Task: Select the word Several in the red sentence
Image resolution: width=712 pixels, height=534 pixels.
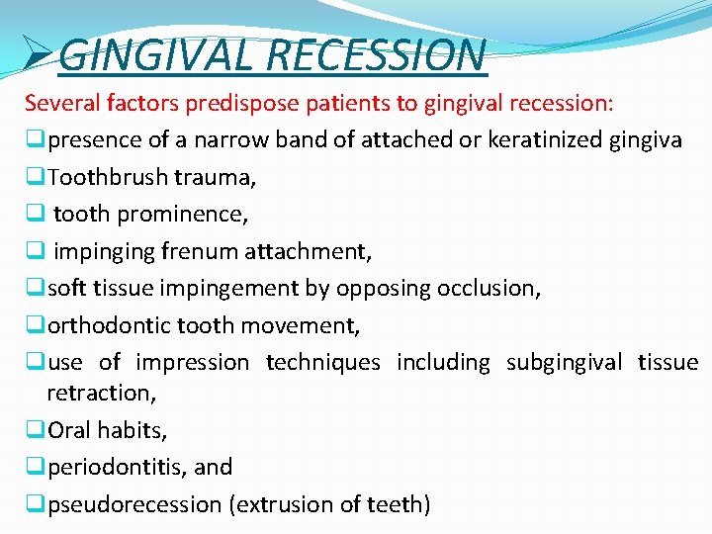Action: [x=58, y=103]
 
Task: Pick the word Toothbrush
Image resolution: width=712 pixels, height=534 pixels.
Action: [x=108, y=177]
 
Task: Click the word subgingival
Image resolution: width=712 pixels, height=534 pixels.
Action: [x=564, y=363]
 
